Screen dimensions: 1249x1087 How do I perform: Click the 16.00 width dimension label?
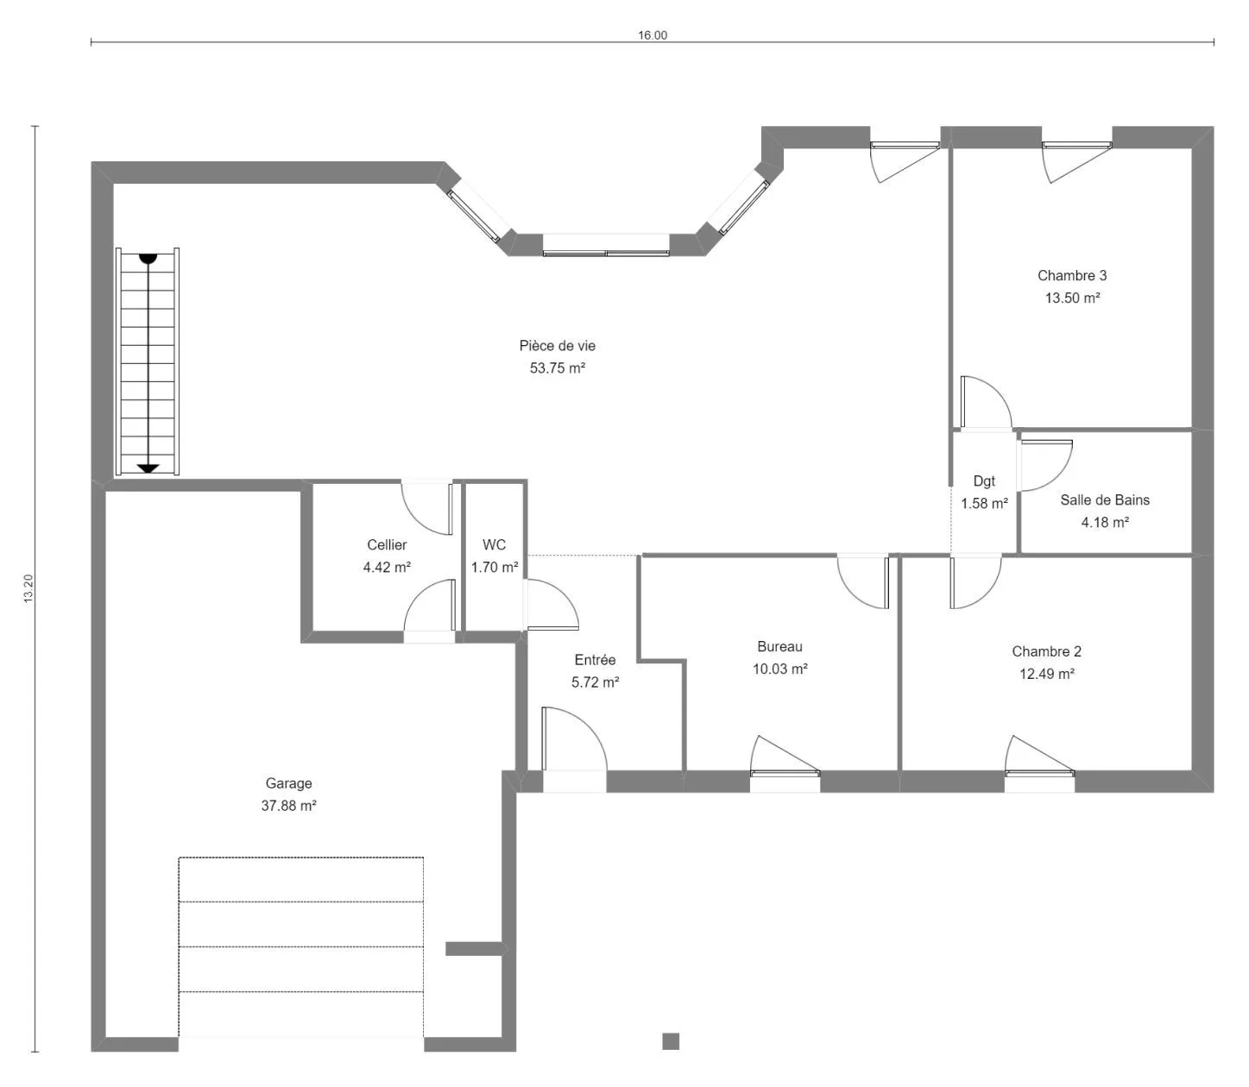pos(652,35)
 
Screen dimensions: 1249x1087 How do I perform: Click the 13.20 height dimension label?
pos(28,588)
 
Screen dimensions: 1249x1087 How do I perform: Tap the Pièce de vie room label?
pos(557,346)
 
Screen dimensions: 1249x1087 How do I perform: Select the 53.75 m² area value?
pos(557,368)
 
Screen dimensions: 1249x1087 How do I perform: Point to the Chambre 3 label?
pos(1071,276)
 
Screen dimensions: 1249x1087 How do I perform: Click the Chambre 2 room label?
pos(1046,651)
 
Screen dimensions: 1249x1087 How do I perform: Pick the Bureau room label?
pos(779,646)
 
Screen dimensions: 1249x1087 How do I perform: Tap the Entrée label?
pos(595,660)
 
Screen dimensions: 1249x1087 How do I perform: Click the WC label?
pos(494,544)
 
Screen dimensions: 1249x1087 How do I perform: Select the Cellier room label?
pos(387,544)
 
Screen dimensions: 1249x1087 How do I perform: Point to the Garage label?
pos(288,783)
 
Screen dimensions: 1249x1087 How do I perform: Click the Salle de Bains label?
pos(1104,500)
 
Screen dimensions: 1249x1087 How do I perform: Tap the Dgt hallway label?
pos(983,481)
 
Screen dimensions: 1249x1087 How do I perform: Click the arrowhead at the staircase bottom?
pos(148,468)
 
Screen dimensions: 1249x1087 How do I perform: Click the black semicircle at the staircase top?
pos(148,259)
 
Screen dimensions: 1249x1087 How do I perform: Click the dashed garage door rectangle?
pos(301,946)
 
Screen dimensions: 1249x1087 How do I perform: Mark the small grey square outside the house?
pos(671,1041)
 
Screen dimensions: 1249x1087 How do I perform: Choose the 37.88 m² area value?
pos(288,806)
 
